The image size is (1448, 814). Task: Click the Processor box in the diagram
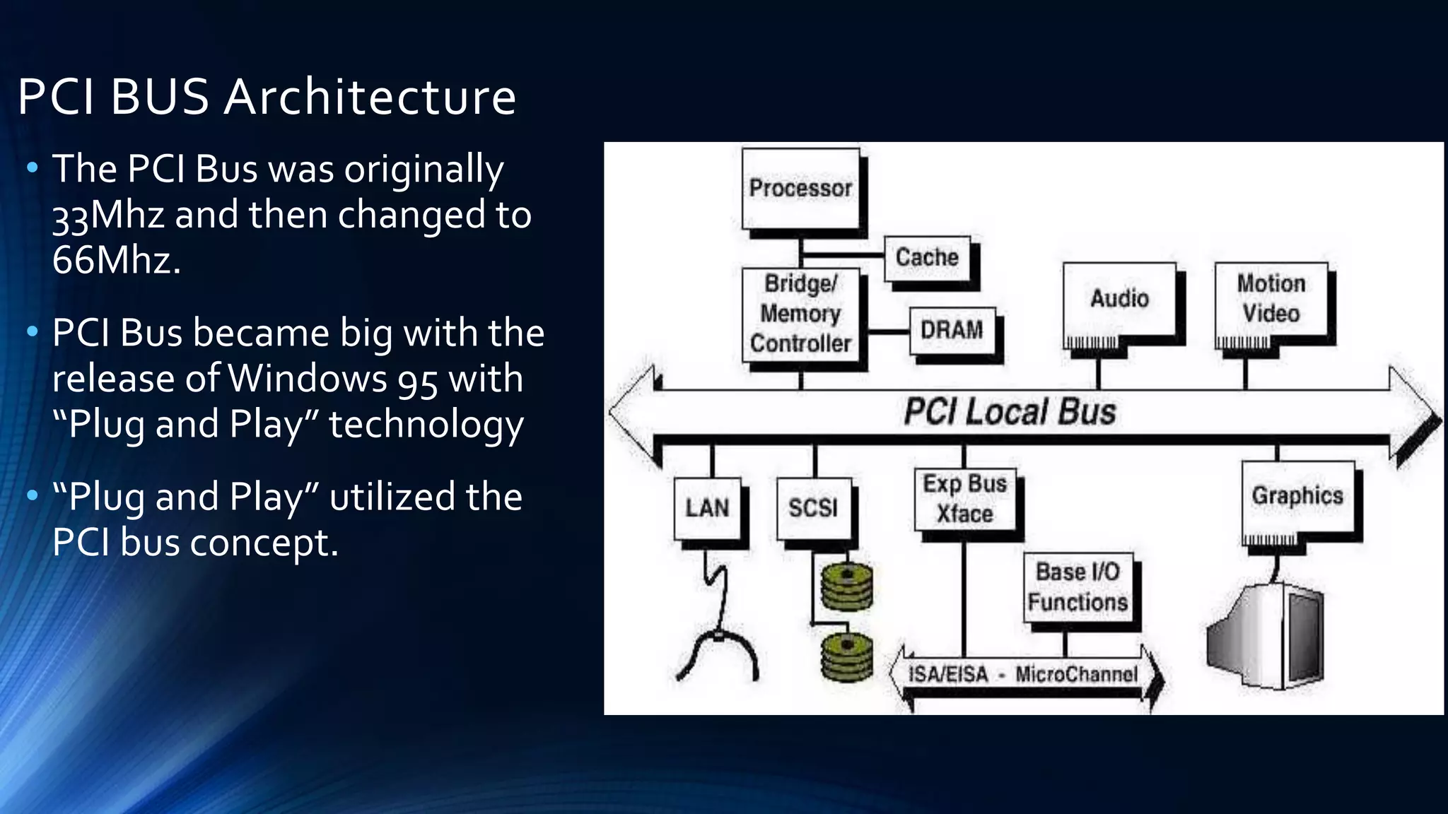point(801,189)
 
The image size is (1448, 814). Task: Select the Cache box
point(927,258)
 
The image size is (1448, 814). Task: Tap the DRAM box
point(952,330)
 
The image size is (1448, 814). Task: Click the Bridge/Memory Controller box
point(801,314)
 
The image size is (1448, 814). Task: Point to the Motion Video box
point(1271,299)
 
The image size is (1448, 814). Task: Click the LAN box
point(707,507)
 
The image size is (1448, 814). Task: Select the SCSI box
point(814,507)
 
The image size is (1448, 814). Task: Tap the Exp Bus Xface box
point(965,499)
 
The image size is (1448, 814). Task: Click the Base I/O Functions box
point(1078,586)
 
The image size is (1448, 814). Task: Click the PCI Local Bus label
point(1010,412)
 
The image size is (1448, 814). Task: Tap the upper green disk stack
point(846,586)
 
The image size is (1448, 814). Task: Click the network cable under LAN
point(718,622)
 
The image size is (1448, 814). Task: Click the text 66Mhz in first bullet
point(115,260)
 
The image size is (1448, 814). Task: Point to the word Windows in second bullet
point(307,379)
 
